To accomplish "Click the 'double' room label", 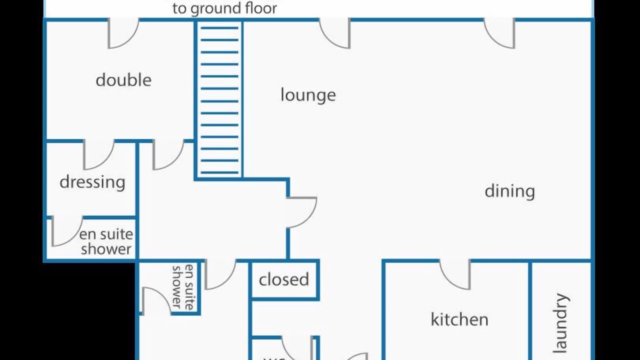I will click(x=123, y=80).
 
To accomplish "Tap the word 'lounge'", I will click(x=308, y=95).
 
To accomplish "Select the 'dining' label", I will click(x=509, y=191).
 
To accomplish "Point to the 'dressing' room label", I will click(x=92, y=182).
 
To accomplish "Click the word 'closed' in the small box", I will click(x=284, y=279).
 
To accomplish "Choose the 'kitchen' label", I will click(x=459, y=319).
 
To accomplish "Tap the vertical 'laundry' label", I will click(x=561, y=322).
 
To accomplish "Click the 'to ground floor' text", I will click(x=224, y=8).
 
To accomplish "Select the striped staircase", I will click(x=219, y=100).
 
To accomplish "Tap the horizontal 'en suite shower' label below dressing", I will click(x=106, y=241).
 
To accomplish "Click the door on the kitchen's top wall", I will click(x=455, y=275).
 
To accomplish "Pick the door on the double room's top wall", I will click(x=122, y=34).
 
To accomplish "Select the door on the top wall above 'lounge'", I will click(x=335, y=34).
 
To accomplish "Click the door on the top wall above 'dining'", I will click(x=500, y=34).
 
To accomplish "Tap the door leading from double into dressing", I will click(x=98, y=155).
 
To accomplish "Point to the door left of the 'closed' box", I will click(x=220, y=274).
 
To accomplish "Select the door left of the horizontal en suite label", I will click(x=66, y=231).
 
